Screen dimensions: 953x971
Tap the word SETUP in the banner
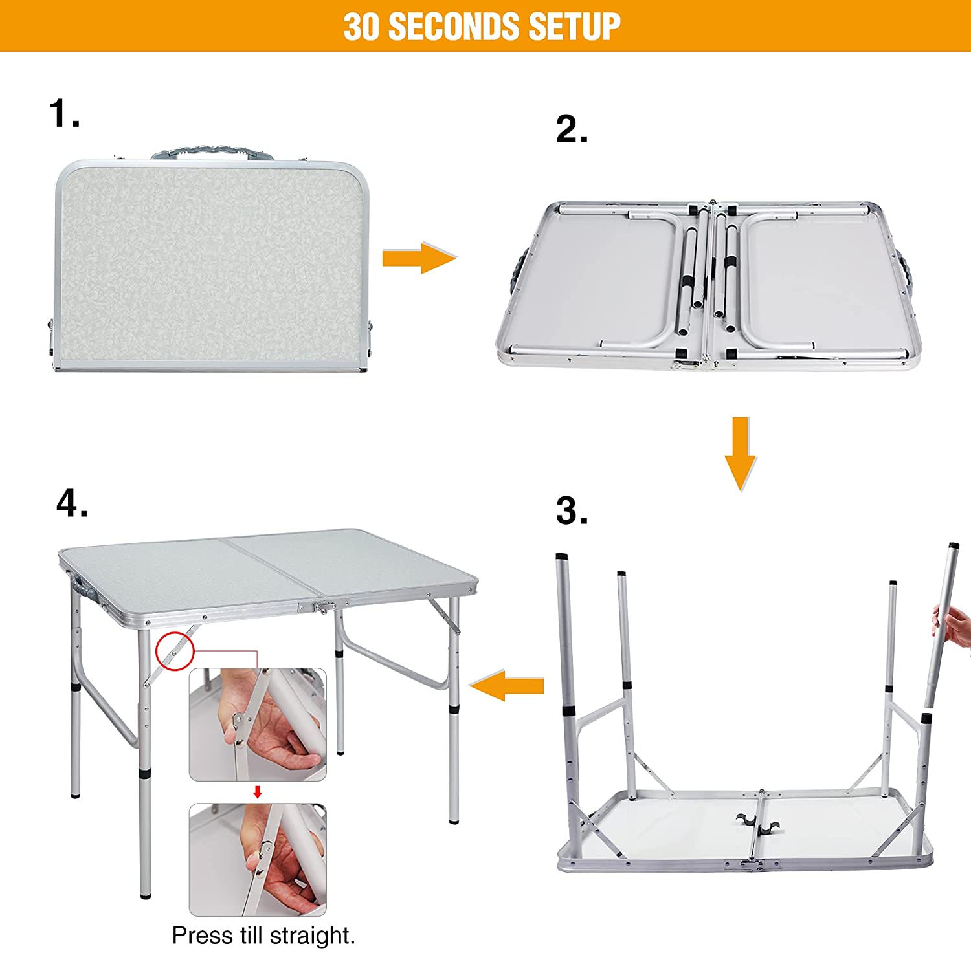[x=574, y=27]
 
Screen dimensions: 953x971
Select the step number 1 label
[x=63, y=114]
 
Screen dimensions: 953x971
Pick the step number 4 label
[x=71, y=503]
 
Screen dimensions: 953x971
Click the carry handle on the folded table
[x=212, y=152]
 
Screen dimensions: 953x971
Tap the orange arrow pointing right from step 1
[x=419, y=258]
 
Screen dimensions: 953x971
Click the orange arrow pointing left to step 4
[x=507, y=686]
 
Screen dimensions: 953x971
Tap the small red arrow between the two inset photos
[x=258, y=792]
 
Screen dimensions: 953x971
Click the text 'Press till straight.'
[x=263, y=936]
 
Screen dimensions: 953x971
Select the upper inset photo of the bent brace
[x=258, y=725]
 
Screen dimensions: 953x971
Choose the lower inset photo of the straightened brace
[x=258, y=860]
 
